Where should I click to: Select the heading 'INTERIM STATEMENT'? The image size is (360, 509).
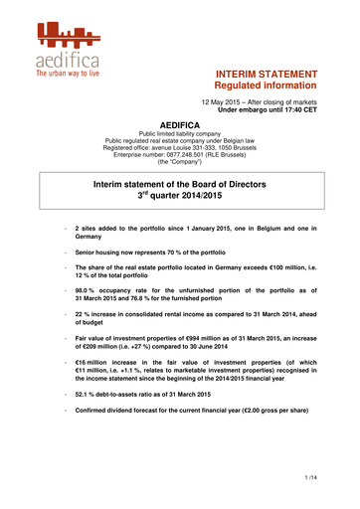tap(267, 75)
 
